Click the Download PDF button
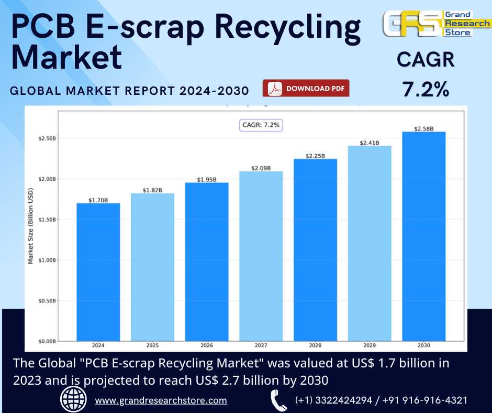(306, 89)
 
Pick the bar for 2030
(423, 236)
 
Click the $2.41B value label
(369, 143)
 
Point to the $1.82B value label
(152, 190)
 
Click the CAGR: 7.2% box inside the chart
(261, 125)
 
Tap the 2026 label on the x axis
(206, 346)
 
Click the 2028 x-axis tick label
(315, 346)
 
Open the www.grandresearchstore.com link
(161, 400)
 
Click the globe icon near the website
(74, 400)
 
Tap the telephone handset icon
(278, 400)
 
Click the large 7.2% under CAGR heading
(426, 89)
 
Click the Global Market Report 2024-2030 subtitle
(130, 91)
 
